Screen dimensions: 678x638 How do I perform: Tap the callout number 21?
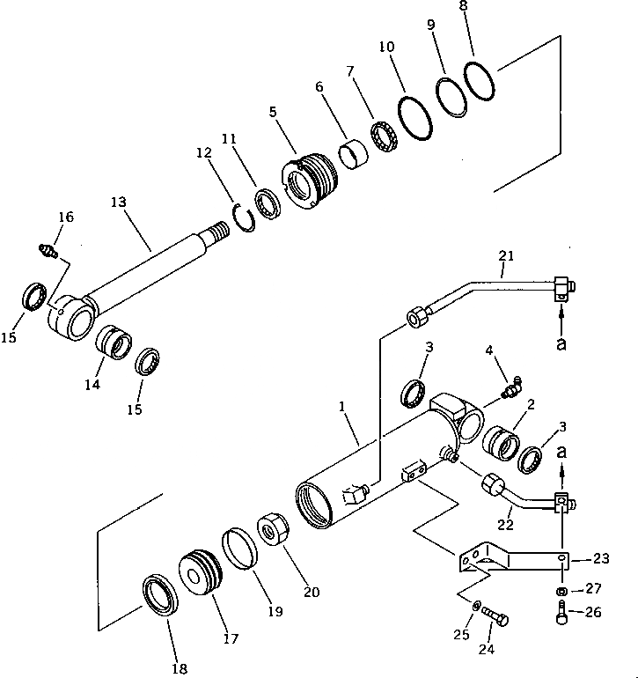504,256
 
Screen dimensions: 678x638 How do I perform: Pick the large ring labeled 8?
481,82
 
